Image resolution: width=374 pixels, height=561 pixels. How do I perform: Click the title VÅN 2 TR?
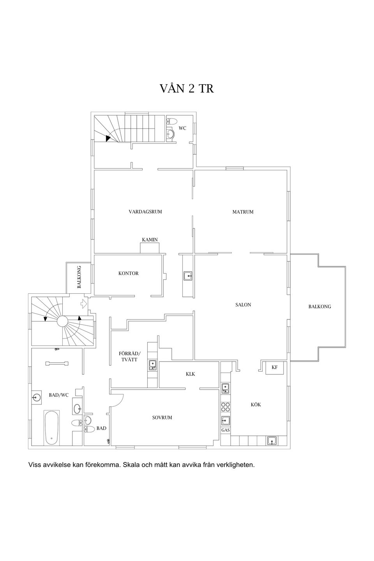click(x=187, y=89)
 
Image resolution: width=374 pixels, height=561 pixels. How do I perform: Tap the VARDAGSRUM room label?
click(x=145, y=212)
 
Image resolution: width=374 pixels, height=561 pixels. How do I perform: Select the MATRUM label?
click(x=243, y=212)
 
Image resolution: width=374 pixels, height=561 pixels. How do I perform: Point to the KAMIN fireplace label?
click(x=150, y=240)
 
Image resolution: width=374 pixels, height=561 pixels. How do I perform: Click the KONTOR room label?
click(x=128, y=273)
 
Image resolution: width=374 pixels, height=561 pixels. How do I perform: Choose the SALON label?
click(x=243, y=305)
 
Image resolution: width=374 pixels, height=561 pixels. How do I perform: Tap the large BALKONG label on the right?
click(x=319, y=307)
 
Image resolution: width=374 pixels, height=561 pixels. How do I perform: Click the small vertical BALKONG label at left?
click(x=79, y=277)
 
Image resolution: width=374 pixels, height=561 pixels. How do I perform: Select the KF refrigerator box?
click(x=275, y=367)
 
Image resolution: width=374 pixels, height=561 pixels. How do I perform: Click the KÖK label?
click(x=256, y=405)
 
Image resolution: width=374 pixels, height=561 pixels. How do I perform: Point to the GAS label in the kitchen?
click(x=225, y=430)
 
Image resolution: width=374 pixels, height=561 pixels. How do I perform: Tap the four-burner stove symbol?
click(x=225, y=407)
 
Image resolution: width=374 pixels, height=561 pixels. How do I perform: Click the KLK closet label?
click(x=190, y=374)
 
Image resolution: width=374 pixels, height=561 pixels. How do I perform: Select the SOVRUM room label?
click(x=162, y=418)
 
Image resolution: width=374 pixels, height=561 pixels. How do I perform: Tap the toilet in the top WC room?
click(x=172, y=121)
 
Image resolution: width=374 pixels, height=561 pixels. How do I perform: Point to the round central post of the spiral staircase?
click(x=62, y=321)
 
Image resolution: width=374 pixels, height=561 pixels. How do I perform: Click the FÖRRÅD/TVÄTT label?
click(x=130, y=356)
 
